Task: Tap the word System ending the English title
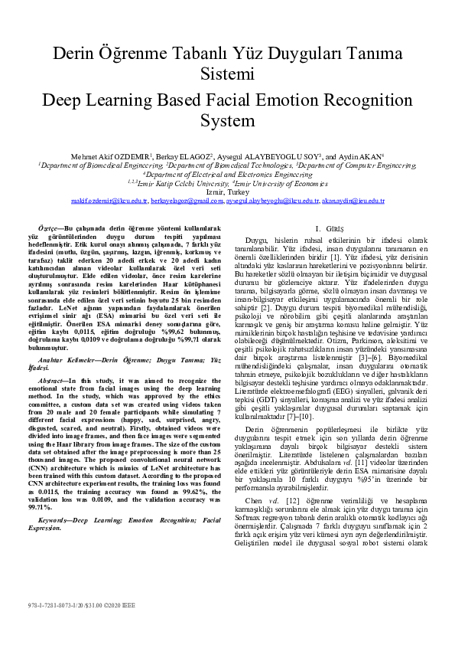[227, 120]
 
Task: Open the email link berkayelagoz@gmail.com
[181, 201]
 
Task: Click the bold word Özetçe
[52, 228]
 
